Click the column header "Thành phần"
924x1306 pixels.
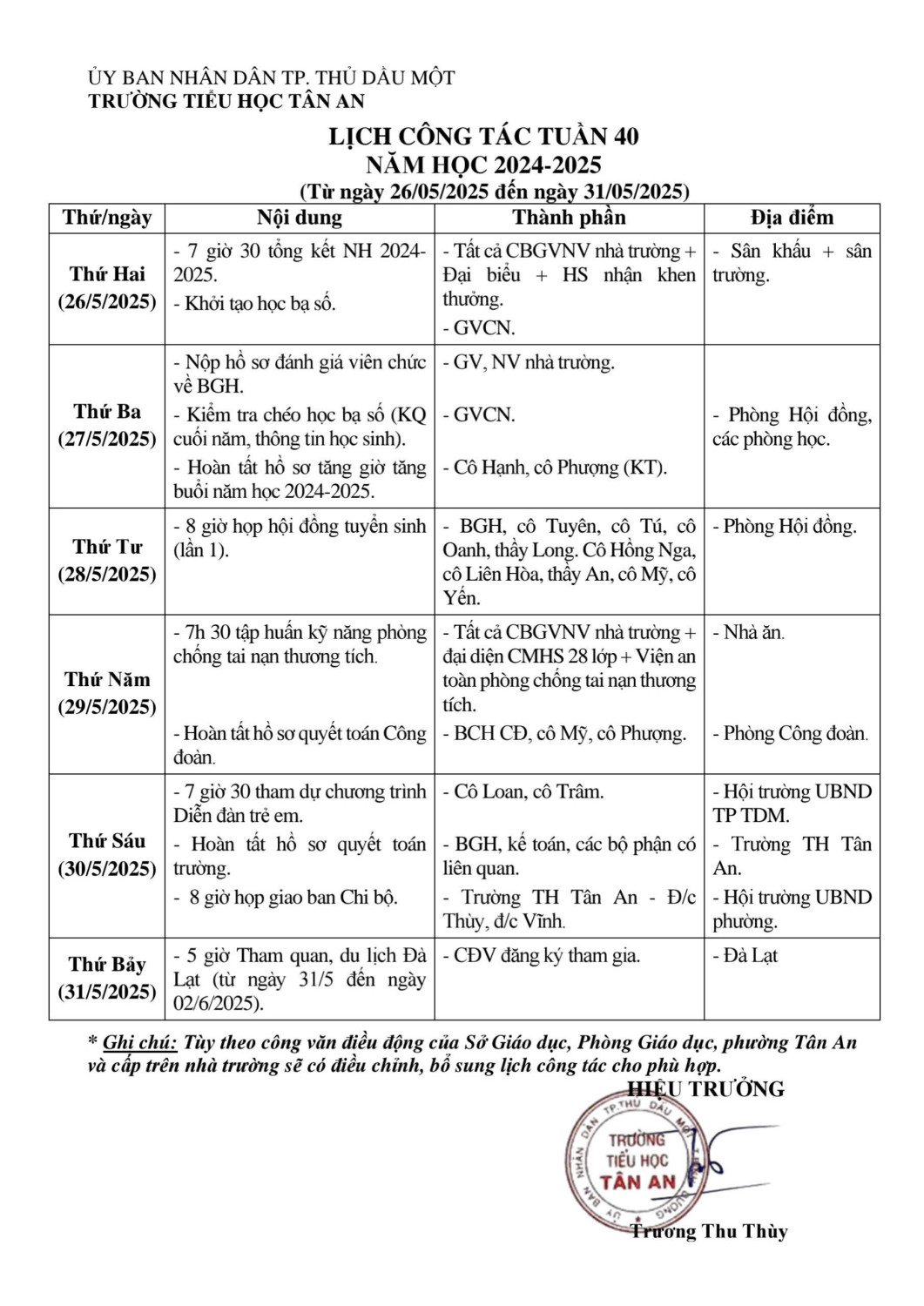pyautogui.click(x=569, y=218)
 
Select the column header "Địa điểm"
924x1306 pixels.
pyautogui.click(x=792, y=218)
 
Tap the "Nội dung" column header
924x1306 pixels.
pyautogui.click(x=300, y=218)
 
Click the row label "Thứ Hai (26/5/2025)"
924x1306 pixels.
pyautogui.click(x=107, y=288)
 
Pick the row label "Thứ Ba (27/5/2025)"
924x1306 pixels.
pyautogui.click(x=107, y=425)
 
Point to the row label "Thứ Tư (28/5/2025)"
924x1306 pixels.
pyautogui.click(x=107, y=561)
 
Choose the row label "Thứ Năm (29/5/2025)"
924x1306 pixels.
pyautogui.click(x=107, y=693)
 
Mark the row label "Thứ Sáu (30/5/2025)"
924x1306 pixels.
pyautogui.click(x=107, y=855)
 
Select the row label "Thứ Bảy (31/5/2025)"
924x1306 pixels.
pyautogui.click(x=107, y=978)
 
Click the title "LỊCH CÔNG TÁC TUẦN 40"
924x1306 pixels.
pyautogui.click(x=483, y=137)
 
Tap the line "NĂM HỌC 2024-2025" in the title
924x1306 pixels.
pyautogui.click(x=483, y=165)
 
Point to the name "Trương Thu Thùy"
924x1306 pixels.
pyautogui.click(x=709, y=1231)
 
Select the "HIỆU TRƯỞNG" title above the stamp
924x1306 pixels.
pyautogui.click(x=706, y=1089)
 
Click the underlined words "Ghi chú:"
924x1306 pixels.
pyautogui.click(x=139, y=1043)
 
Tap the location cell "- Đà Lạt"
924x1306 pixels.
pyautogui.click(x=745, y=956)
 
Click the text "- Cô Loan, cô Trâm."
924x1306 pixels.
pyautogui.click(x=523, y=792)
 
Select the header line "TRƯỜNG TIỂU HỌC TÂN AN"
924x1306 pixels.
pyautogui.click(x=226, y=101)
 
